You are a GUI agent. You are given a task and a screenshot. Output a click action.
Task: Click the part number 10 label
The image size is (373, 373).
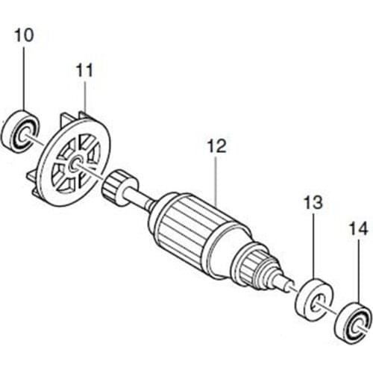24,35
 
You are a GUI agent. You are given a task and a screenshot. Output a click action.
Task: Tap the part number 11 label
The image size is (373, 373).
85,71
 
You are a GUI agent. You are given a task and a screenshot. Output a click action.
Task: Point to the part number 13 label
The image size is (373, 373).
313,201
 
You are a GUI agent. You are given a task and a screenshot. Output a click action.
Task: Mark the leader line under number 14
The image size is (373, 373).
358,269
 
